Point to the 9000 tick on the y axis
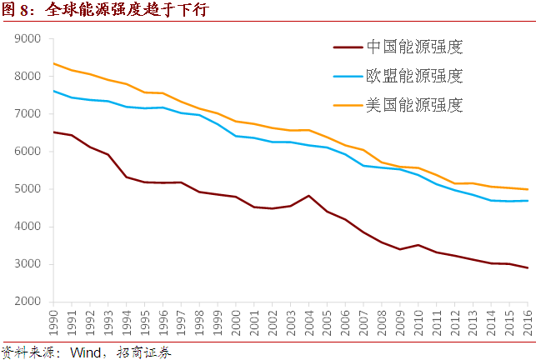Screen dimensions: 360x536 pos(28,38)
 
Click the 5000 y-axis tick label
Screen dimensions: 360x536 pos(28,189)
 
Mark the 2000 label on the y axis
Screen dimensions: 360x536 pos(28,302)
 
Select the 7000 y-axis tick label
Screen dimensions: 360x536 pos(28,114)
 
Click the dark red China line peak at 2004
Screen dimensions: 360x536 pos(309,196)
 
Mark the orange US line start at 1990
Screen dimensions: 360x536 pos(54,63)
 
